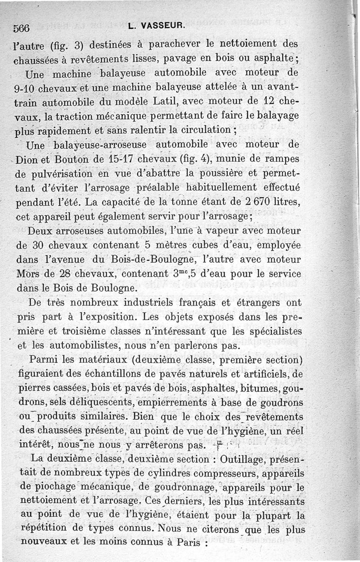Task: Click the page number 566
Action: (21, 27)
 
